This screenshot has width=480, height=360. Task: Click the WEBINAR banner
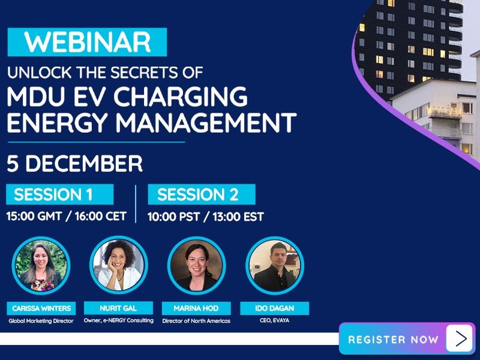click(x=87, y=42)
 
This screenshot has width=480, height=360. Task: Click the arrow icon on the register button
click(x=460, y=339)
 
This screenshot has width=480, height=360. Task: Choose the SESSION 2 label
click(x=197, y=195)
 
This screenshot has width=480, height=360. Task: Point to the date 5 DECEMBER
click(x=74, y=164)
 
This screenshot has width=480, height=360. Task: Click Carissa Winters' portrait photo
click(x=41, y=266)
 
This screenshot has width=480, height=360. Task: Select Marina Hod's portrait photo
click(x=196, y=266)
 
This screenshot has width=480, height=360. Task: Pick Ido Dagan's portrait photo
click(x=274, y=266)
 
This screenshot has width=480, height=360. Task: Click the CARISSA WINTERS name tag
click(x=41, y=308)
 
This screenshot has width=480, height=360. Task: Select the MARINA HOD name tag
click(x=196, y=308)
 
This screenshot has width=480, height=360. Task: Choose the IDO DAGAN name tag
click(x=274, y=308)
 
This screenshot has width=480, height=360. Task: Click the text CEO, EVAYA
click(x=274, y=321)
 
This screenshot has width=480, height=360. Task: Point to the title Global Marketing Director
click(x=41, y=321)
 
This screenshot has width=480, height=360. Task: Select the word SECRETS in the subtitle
click(x=138, y=73)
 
